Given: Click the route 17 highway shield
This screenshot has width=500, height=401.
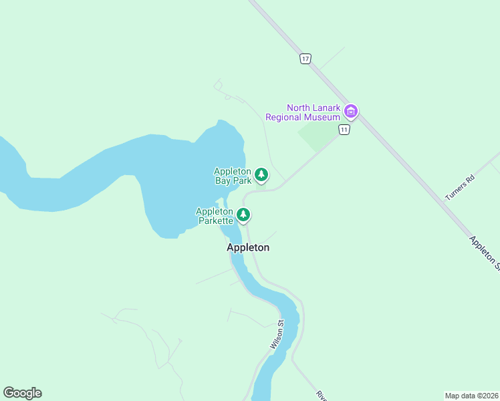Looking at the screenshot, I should (x=305, y=59).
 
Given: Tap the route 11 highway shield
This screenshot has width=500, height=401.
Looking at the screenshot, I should (x=344, y=129).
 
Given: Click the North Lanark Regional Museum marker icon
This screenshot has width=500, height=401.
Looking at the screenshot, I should (x=351, y=111).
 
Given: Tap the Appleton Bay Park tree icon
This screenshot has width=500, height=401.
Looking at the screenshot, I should (x=261, y=175).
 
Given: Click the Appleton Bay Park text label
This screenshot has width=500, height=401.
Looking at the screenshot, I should (x=233, y=176).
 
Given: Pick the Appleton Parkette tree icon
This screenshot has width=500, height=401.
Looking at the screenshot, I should (x=244, y=215).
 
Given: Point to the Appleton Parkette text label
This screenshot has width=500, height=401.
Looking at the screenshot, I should (x=215, y=215).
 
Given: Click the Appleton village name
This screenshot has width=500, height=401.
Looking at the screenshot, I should (x=248, y=247).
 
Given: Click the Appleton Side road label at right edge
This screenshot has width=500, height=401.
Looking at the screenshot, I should (x=485, y=253).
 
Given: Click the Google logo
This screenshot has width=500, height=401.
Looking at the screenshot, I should (x=22, y=393).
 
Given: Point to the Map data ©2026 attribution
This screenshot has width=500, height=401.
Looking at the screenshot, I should (x=471, y=395).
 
